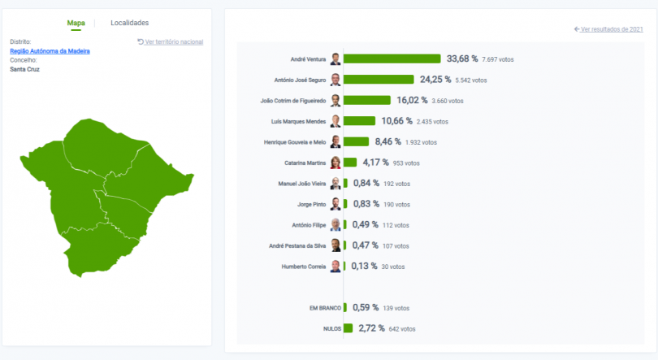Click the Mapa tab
point(76,23)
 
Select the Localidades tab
point(129,23)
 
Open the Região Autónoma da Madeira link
point(50,51)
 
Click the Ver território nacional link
point(171,41)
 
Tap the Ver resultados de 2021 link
point(608,29)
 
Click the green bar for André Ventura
point(392,59)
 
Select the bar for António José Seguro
point(379,80)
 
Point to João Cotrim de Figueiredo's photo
point(335,101)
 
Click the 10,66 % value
point(396,121)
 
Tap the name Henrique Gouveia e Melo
point(295,142)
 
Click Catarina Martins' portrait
point(335,163)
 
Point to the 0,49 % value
point(366,225)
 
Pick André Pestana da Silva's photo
point(335,245)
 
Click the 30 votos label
point(393,267)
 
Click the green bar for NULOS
point(348,328)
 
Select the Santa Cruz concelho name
point(24,69)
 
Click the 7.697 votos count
point(497,59)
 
